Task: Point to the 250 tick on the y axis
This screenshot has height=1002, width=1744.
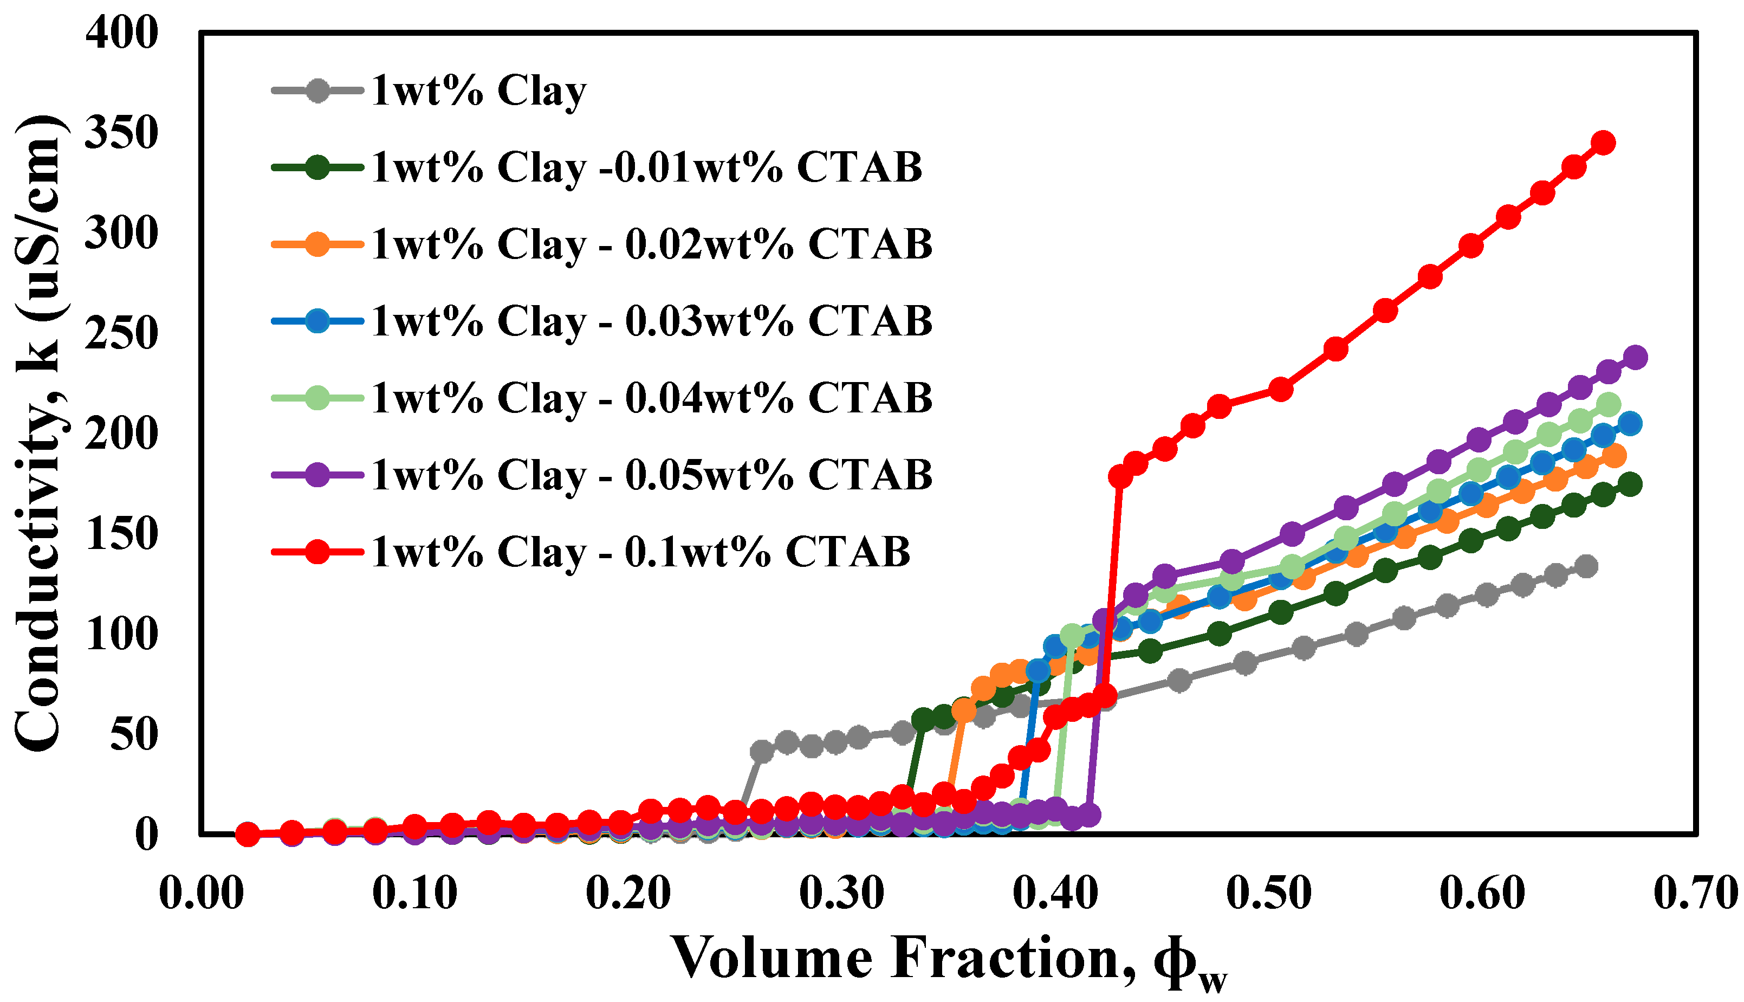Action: tap(121, 333)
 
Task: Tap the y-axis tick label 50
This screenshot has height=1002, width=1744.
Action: tap(134, 734)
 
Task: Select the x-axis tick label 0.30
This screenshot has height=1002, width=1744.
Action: tap(841, 893)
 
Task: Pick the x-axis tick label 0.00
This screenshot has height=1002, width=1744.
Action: tap(201, 893)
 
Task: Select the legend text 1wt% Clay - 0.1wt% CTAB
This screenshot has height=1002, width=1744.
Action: tap(640, 552)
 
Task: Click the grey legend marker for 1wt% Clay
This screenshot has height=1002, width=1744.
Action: tap(317, 90)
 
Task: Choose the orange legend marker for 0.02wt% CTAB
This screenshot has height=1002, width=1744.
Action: tap(317, 244)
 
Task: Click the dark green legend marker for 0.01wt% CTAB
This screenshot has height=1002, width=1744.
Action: tap(317, 167)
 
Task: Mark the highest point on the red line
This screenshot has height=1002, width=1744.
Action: tap(1603, 143)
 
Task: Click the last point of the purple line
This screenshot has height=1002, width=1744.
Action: tap(1635, 357)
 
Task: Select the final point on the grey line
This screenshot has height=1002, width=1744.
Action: tap(1586, 566)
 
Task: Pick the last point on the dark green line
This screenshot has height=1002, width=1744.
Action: tap(1630, 484)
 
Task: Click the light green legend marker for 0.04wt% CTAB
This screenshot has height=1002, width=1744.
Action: tap(317, 398)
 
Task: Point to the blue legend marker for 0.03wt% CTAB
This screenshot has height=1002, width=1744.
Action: tap(317, 321)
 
